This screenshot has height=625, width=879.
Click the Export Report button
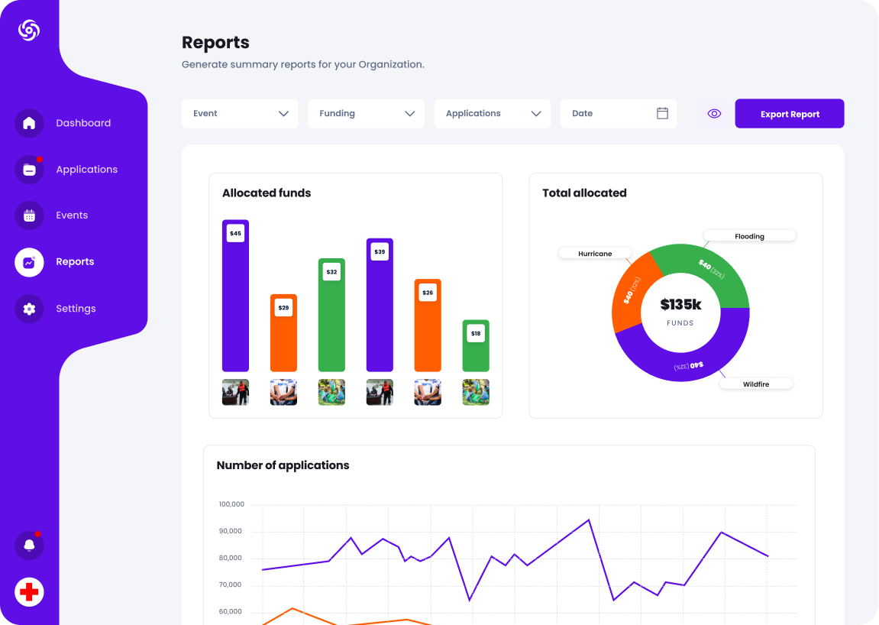[789, 114]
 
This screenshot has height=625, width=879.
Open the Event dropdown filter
[240, 113]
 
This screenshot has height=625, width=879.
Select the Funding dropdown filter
[366, 113]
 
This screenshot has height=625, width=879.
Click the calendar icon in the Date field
[662, 113]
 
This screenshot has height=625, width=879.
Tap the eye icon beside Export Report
[714, 114]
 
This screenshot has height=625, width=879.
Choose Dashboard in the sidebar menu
[82, 123]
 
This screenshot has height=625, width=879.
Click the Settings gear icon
[29, 309]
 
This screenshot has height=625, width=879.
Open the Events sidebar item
[71, 215]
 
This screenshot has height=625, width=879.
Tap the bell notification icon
[29, 546]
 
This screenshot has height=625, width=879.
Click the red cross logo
[29, 592]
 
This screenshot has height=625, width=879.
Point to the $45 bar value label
[235, 233]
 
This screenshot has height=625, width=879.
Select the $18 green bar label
[476, 333]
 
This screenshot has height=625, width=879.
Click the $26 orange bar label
[428, 292]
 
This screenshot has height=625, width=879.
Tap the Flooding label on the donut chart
[749, 236]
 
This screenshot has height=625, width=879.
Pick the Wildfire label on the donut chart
[755, 384]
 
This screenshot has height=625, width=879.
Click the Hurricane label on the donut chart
[595, 253]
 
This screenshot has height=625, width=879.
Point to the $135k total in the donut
[680, 305]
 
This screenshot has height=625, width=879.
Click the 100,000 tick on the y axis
[231, 504]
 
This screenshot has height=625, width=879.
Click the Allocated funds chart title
[267, 193]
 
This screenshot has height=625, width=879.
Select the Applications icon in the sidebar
[29, 170]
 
